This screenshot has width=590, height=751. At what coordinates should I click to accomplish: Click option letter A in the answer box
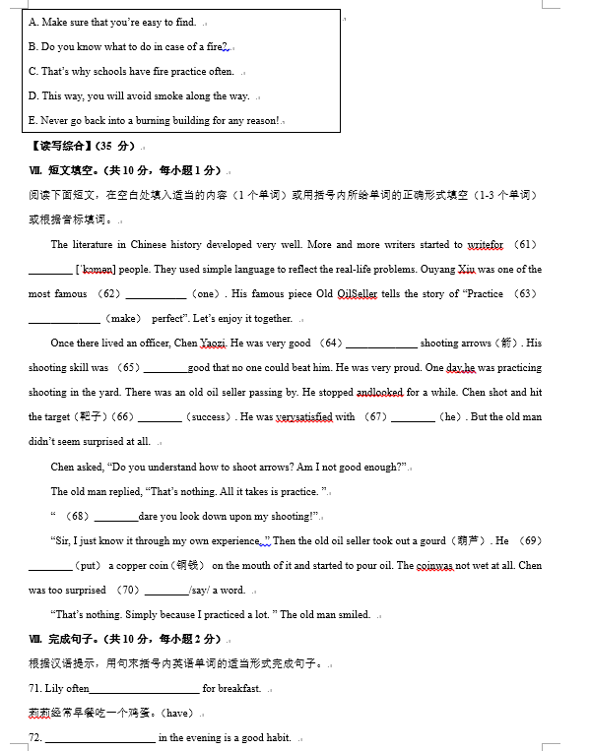33,22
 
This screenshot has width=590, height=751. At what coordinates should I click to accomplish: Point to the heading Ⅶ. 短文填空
75,170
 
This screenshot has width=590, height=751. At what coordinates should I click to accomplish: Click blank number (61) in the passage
526,245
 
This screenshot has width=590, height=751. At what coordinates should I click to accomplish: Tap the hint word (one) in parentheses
205,294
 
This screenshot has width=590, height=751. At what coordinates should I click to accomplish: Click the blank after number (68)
116,517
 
